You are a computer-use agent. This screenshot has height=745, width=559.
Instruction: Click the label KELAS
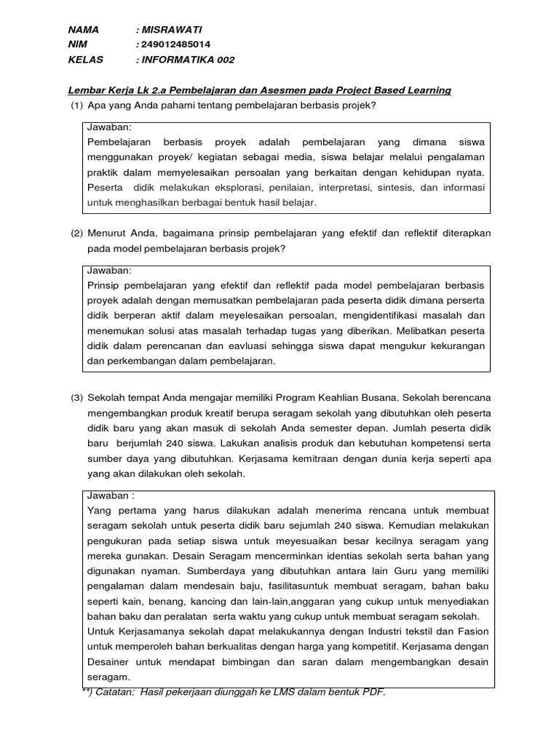pyautogui.click(x=86, y=60)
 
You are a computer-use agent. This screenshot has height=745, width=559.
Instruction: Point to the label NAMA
pyautogui.click(x=83, y=30)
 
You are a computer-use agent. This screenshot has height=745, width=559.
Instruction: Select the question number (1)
pyautogui.click(x=76, y=105)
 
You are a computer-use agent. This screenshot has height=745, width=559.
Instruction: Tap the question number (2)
pyautogui.click(x=76, y=233)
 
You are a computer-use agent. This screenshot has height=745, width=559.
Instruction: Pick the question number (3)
pyautogui.click(x=76, y=398)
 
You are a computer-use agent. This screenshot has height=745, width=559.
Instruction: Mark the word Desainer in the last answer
pyautogui.click(x=108, y=661)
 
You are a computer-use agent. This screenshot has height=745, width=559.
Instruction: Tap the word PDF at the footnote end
pyautogui.click(x=371, y=692)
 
